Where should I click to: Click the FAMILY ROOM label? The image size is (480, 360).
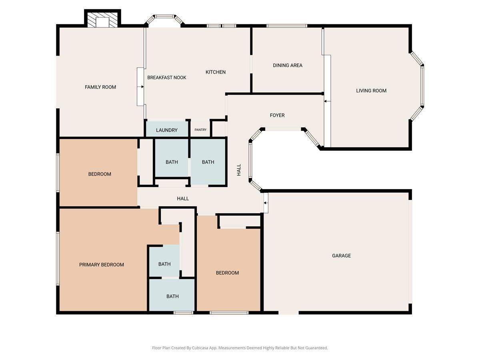[100, 87]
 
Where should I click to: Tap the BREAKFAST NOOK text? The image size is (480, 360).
[167, 77]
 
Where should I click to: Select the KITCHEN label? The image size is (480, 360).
[215, 72]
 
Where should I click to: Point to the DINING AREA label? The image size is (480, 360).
[288, 65]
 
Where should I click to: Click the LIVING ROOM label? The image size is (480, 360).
[371, 90]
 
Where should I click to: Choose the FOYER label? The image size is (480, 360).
[277, 115]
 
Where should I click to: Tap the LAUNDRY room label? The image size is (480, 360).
[167, 130]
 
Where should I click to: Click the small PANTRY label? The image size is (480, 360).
[200, 130]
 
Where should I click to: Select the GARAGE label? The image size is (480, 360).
[341, 256]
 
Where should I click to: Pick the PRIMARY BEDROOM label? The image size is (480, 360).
[102, 265]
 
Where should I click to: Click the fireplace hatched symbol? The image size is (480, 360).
[102, 20]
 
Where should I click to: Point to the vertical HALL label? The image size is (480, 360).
[239, 170]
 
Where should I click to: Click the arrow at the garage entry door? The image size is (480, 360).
[265, 203]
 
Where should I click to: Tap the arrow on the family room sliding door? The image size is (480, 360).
[142, 87]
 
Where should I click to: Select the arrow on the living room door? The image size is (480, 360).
[325, 101]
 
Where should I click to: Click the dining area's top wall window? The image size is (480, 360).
[287, 26]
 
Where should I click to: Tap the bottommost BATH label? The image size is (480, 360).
[172, 296]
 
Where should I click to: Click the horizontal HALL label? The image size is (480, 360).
[183, 198]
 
